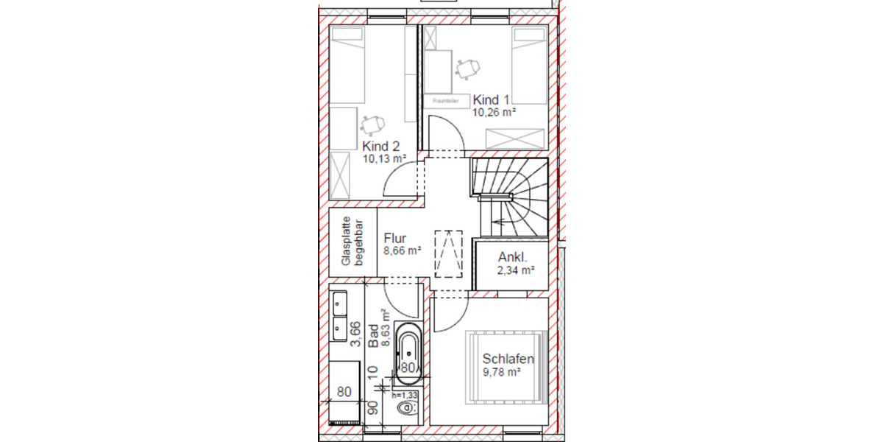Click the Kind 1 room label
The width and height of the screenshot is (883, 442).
click(x=492, y=99)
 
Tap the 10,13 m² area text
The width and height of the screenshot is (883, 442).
click(x=385, y=158)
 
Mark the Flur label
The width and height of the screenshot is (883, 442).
click(x=395, y=239)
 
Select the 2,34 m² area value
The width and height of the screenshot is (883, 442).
click(x=515, y=270)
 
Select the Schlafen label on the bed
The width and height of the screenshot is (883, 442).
click(x=508, y=359)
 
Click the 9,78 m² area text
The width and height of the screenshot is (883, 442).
click(x=502, y=373)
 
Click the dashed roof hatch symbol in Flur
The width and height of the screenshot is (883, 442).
click(x=449, y=253)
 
